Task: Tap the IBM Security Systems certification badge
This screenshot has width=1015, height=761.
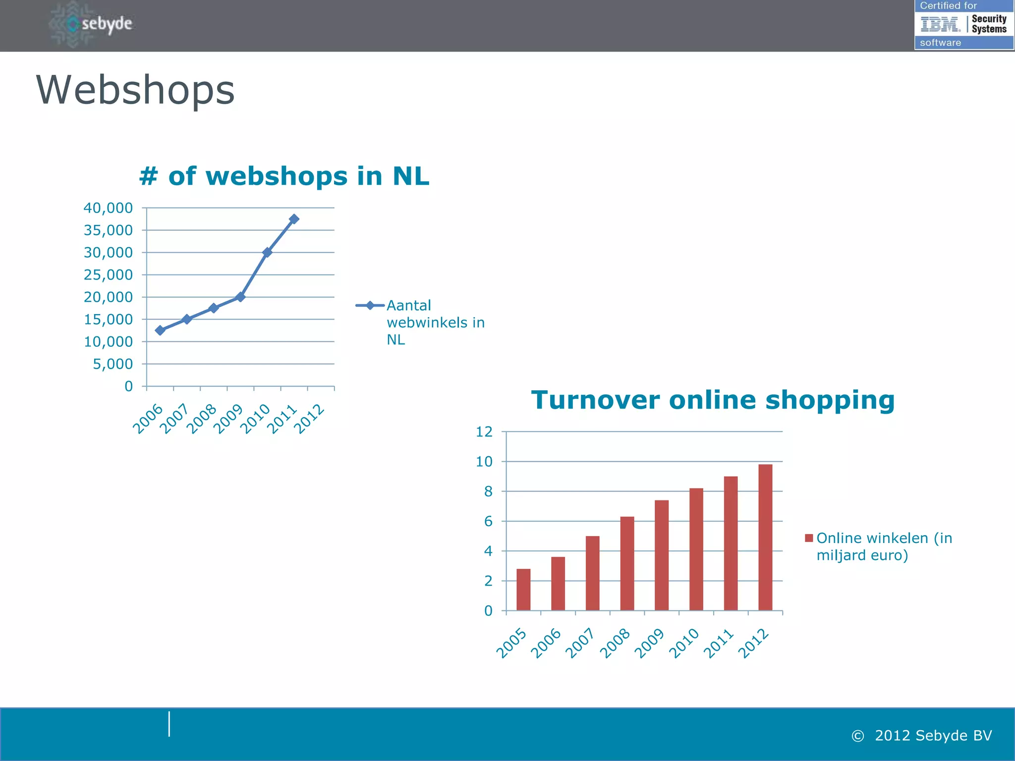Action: tap(963, 24)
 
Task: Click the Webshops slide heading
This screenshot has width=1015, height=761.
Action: tap(135, 90)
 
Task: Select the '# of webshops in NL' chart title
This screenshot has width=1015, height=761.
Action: tap(284, 176)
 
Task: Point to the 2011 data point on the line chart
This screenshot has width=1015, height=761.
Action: tap(294, 219)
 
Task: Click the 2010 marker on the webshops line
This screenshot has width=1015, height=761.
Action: tap(267, 252)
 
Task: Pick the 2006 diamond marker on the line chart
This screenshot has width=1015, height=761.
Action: tap(160, 330)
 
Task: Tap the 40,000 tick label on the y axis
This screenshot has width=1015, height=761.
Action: tap(108, 208)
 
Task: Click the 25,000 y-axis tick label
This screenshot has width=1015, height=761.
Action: tap(108, 275)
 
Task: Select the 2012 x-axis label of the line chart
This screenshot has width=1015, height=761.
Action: tap(309, 419)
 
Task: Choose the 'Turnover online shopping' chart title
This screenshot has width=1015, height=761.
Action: tap(713, 400)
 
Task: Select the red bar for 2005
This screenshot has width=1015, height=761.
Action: tap(523, 590)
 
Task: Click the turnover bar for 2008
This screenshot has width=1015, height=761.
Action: tap(627, 563)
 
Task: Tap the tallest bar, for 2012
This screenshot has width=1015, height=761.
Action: tap(765, 537)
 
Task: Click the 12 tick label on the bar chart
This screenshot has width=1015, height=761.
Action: tap(484, 432)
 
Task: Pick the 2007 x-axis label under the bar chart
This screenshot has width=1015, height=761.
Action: tap(580, 643)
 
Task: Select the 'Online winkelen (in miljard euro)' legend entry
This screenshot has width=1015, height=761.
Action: tap(880, 546)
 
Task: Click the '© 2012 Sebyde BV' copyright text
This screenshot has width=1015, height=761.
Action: tap(922, 736)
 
